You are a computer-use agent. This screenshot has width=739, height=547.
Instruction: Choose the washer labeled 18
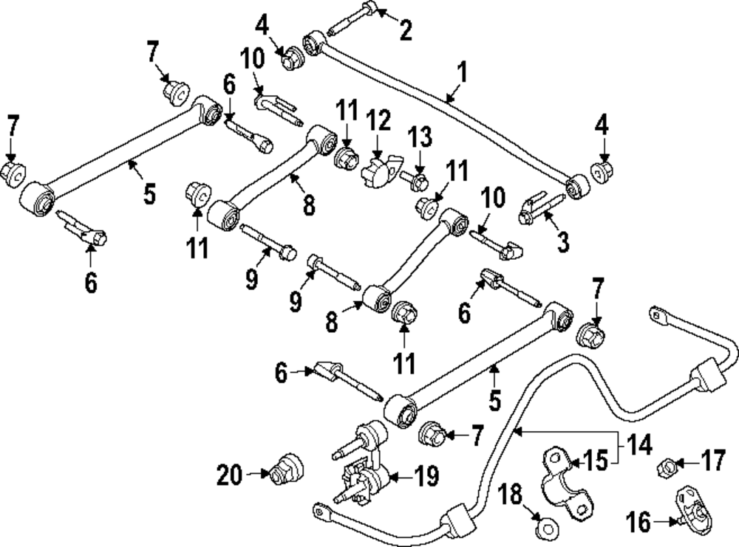coord(545,527)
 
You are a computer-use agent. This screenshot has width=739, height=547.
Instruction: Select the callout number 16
coord(640,524)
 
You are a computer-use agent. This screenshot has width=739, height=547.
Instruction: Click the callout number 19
coord(426,475)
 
